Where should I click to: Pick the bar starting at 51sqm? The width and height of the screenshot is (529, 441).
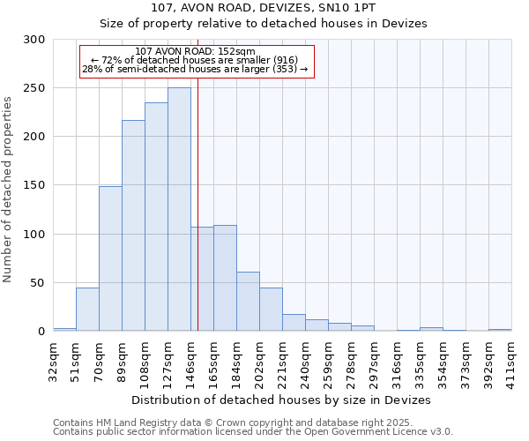click(87, 309)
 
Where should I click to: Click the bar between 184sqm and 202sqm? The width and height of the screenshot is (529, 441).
click(248, 301)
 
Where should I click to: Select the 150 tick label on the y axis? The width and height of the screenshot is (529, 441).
click(34, 186)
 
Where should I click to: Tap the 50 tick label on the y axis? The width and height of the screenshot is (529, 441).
click(38, 283)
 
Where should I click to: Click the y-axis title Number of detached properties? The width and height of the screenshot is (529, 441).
click(9, 190)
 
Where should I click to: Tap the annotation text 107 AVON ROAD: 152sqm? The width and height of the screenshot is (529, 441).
click(196, 51)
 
